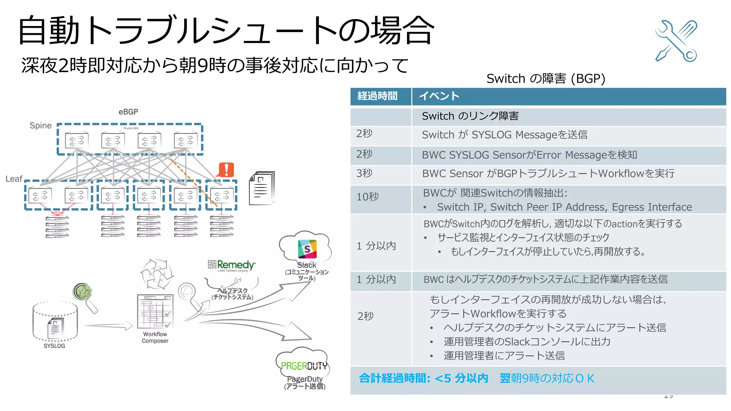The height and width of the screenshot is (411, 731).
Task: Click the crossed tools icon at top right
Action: pyautogui.click(x=676, y=41)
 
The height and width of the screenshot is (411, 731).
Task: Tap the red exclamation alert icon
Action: pyautogui.click(x=226, y=170)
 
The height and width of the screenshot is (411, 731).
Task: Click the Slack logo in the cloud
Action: pyautogui.click(x=307, y=249)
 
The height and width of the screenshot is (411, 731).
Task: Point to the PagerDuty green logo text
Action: pyautogui.click(x=304, y=366)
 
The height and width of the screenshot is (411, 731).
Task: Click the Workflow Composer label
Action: pyautogui.click(x=155, y=338)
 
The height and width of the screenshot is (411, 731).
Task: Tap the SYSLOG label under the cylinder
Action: pyautogui.click(x=54, y=346)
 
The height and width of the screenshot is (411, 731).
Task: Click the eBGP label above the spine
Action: pyautogui.click(x=128, y=112)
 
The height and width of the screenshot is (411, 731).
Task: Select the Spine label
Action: pyautogui.click(x=40, y=126)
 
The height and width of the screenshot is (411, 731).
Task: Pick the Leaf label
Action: pyautogui.click(x=14, y=179)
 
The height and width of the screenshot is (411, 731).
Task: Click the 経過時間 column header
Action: pyautogui.click(x=377, y=96)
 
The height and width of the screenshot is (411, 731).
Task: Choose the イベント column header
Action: pyautogui.click(x=439, y=96)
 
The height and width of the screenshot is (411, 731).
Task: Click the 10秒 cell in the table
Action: pyautogui.click(x=367, y=197)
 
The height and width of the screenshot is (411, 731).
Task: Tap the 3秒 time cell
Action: pyautogui.click(x=364, y=173)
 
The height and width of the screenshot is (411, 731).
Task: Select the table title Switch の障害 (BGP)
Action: pyautogui.click(x=545, y=78)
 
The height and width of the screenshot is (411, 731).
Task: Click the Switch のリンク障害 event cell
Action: pyautogui.click(x=470, y=116)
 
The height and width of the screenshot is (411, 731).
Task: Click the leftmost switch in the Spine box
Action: pyautogui.click(x=77, y=141)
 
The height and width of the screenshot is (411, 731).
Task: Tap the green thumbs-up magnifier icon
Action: pyautogui.click(x=83, y=292)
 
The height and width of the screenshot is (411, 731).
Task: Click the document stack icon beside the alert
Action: pyautogui.click(x=262, y=188)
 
